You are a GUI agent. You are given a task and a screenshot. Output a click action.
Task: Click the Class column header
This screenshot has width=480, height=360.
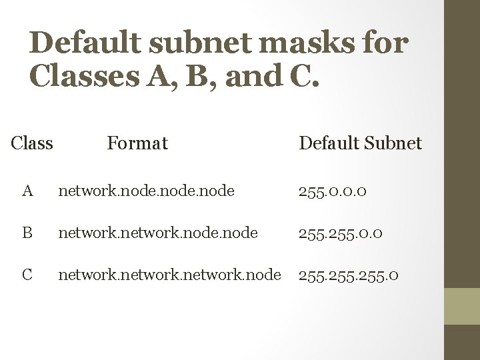pos(32,143)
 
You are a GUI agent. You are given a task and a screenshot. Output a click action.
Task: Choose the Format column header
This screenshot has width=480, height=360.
pos(137,143)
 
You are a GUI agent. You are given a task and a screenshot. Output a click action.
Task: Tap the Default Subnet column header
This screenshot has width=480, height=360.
pos(360,143)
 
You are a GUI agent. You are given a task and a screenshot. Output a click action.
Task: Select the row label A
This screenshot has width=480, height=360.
pos(27,191)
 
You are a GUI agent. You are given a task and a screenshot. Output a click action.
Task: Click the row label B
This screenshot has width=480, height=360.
pos(27,233)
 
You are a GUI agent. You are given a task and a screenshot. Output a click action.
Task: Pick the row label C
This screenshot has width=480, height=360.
pos(27,274)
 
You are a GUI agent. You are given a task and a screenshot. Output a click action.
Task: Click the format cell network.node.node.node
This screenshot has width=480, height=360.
pos(146,191)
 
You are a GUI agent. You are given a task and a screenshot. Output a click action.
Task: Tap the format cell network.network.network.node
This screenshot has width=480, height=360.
pos(170,274)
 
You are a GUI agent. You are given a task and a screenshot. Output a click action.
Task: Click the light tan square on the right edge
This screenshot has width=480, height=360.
pos(463,306)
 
